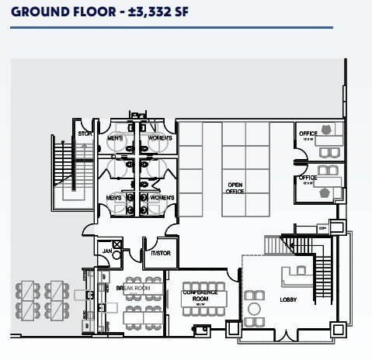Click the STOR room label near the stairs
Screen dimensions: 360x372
[85, 134]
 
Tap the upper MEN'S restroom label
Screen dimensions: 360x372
[116, 138]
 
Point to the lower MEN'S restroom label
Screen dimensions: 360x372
[117, 199]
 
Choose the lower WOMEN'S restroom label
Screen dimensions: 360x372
[161, 199]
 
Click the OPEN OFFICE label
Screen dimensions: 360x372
[235, 188]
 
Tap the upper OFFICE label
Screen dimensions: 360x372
[308, 134]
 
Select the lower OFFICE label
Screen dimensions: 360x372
[308, 178]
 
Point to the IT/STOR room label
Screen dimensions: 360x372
[161, 254]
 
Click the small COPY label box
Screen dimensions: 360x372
[322, 228]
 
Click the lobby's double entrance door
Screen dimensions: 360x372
[286, 335]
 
